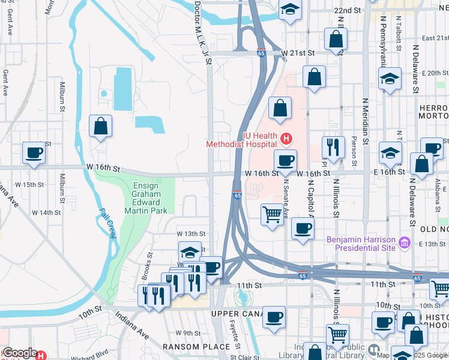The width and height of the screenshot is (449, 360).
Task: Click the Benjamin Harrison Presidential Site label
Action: [361, 243]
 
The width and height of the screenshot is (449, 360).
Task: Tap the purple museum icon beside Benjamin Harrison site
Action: [405, 242]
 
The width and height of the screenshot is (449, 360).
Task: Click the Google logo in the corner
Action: [19, 353]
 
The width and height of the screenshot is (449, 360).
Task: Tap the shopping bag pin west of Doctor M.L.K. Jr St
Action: [101, 126]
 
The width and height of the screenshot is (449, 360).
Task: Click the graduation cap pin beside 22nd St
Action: [290, 10]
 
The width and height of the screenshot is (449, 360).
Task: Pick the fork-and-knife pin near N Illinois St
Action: [333, 146]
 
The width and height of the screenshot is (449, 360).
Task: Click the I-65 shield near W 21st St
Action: [261, 53]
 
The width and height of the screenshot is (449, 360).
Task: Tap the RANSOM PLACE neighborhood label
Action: [196, 347]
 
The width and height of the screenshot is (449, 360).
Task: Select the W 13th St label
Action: [191, 233]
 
